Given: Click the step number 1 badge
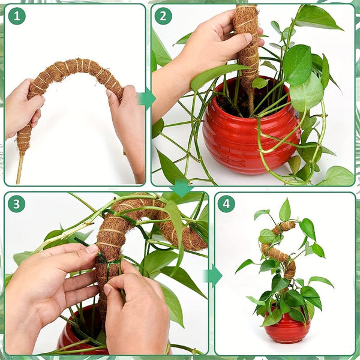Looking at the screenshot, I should (x=17, y=16).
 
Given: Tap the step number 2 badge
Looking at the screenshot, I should (x=163, y=16).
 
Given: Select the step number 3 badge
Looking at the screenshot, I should (x=17, y=204).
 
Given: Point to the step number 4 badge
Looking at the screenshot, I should (x=226, y=204).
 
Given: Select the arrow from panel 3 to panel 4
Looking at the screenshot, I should (x=212, y=275).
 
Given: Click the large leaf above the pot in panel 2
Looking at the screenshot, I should (x=298, y=65).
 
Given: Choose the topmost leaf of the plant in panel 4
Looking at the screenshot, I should (x=285, y=211).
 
